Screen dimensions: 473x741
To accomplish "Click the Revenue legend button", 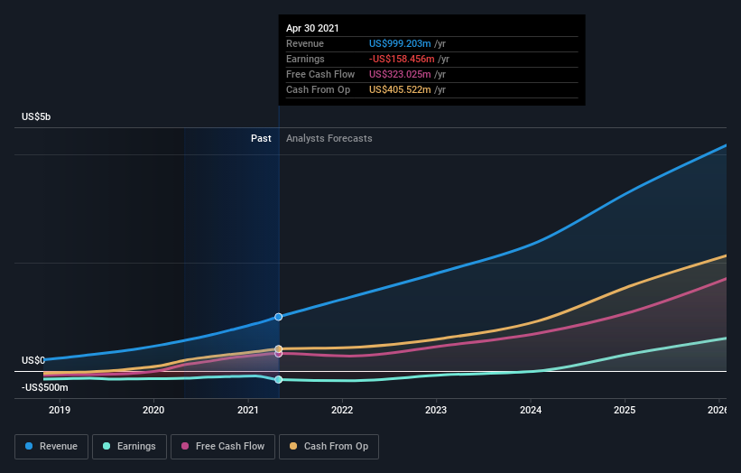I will (51, 446).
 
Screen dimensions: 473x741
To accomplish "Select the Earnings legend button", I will (128, 446).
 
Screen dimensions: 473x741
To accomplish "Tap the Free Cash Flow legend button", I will (223, 446).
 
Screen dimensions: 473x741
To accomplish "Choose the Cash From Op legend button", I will (329, 446).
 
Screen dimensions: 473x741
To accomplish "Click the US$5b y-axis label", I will (37, 117).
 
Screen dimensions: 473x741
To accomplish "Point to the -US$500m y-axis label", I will (45, 387).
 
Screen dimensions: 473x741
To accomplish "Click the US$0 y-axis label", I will (33, 360).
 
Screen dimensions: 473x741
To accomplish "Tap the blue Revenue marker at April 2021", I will (278, 317).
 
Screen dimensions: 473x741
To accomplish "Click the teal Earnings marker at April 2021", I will (278, 380).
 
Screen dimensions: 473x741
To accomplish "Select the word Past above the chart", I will (261, 139).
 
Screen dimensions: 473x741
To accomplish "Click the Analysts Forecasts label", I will (329, 139).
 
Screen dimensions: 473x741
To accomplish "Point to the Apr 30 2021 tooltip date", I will (312, 29).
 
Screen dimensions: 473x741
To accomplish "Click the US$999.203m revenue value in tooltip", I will (403, 43).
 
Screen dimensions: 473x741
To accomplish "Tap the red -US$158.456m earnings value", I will (402, 59).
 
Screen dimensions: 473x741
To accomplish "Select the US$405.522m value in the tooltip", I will (403, 89).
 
